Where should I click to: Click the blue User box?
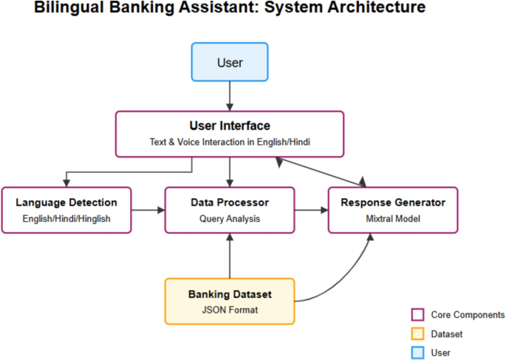(230, 62)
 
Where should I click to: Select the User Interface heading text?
(230, 126)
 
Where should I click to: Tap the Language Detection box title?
(66, 202)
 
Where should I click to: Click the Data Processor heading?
(229, 202)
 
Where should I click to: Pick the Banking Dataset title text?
(229, 294)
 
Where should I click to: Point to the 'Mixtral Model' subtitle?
(393, 219)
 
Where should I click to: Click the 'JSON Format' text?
(229, 310)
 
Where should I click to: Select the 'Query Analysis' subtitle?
(229, 219)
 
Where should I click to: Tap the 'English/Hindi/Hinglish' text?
(66, 219)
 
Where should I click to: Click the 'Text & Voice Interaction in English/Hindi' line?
(230, 143)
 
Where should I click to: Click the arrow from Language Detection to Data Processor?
(148, 211)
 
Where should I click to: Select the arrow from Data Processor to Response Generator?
(311, 211)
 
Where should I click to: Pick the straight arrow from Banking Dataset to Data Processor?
(230, 256)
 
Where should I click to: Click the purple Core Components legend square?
(417, 314)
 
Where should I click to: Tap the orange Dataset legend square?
(417, 333)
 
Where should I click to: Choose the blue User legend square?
(417, 353)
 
